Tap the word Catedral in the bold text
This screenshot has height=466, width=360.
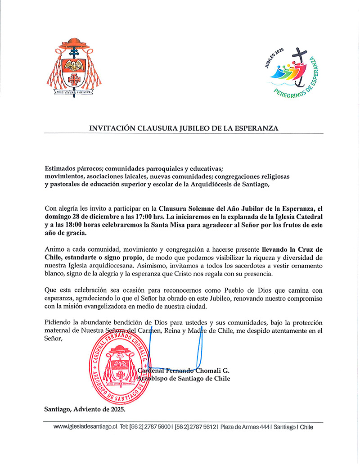(x=310, y=217)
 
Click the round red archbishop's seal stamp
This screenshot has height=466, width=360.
(x=121, y=366)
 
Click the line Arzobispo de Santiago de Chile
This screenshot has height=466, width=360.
(x=184, y=379)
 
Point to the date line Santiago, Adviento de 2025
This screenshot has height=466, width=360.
(x=85, y=409)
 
